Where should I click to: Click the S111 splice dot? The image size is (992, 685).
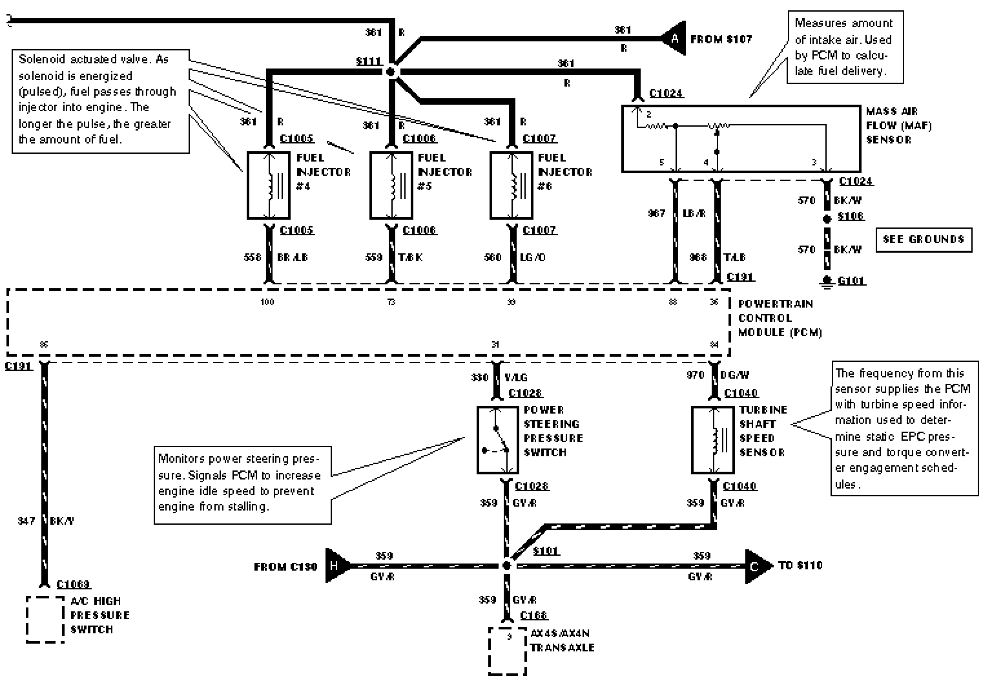click(391, 72)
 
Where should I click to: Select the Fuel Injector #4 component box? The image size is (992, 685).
click(269, 185)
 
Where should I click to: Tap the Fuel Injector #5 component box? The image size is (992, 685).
click(391, 185)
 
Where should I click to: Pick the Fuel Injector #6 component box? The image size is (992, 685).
click(512, 185)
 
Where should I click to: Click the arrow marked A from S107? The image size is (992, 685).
click(673, 39)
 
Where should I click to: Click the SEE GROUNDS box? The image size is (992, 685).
click(924, 240)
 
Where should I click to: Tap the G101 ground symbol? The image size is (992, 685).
click(827, 281)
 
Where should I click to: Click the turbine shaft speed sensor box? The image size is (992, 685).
click(713, 440)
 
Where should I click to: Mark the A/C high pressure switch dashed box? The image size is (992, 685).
click(45, 619)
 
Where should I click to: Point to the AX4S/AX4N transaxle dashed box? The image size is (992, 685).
click(508, 650)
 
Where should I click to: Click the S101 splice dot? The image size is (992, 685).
click(507, 565)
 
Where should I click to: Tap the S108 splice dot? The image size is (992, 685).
click(827, 219)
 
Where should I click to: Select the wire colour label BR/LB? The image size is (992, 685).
click(293, 257)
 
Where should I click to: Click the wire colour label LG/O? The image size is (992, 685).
click(533, 257)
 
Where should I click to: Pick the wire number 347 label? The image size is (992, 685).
click(26, 521)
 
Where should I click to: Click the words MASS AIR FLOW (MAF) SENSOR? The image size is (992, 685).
click(898, 125)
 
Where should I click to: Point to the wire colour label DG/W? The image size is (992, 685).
click(735, 375)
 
